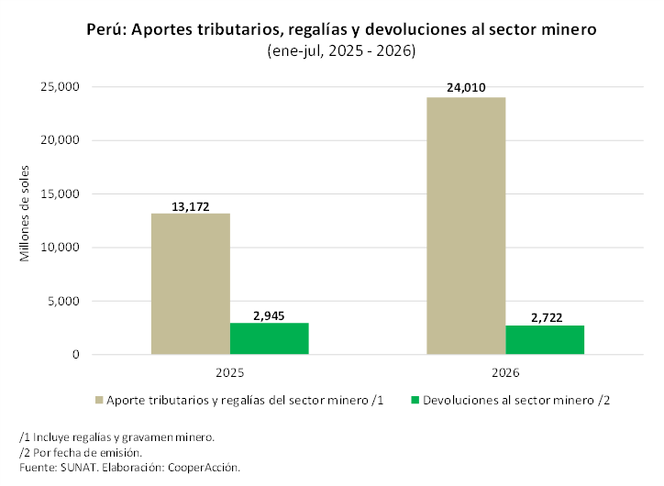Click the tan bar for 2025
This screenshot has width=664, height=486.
point(191,283)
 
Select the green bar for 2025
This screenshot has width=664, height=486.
point(270,338)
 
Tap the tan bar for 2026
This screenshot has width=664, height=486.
point(466,226)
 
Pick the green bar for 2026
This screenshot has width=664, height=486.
point(545,340)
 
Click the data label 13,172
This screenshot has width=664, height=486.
point(191,206)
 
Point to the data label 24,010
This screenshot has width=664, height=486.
point(466,88)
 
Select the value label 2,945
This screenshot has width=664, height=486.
point(269,315)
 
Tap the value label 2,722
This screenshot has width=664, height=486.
point(547,317)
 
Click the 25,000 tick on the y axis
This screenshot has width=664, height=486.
point(60,87)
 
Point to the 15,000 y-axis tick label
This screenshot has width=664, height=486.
point(60,193)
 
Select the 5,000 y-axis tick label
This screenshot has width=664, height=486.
point(63,301)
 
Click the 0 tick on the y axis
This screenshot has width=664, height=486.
point(76,354)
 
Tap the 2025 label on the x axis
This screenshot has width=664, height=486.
point(230,372)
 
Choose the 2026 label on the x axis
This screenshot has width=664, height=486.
point(505,372)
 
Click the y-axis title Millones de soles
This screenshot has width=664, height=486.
point(25,214)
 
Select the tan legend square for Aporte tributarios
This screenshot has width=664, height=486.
point(99,400)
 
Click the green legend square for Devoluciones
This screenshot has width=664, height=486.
point(415,400)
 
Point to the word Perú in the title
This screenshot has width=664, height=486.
point(106,29)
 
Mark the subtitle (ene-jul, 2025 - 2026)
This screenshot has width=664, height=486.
point(341,50)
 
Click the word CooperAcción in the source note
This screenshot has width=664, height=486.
point(204,468)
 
